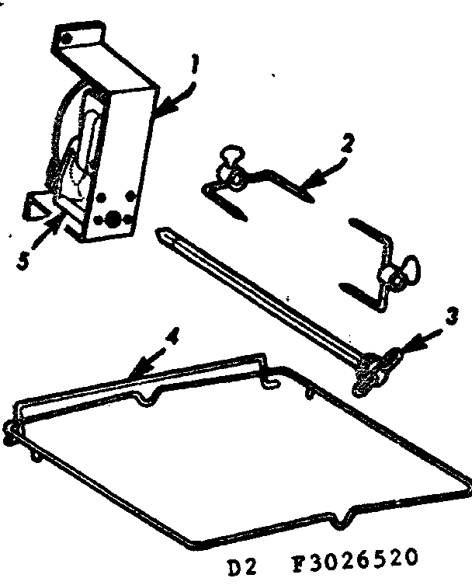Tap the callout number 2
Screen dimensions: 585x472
[328, 144]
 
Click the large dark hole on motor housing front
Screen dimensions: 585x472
[114, 221]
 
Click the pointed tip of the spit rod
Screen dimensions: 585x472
[161, 231]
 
